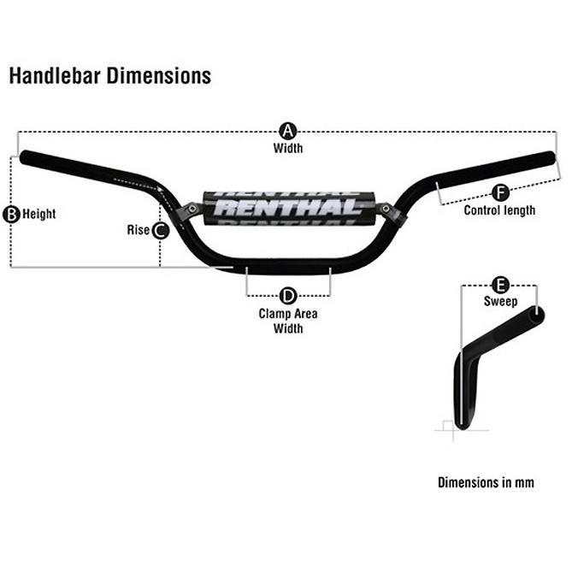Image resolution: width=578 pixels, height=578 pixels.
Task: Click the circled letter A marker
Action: (288, 132)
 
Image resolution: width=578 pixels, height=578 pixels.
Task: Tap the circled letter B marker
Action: (12, 214)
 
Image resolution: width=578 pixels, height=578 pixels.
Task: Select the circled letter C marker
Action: (160, 229)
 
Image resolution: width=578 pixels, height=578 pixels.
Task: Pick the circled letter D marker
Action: (288, 296)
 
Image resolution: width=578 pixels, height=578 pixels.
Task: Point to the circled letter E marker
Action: (501, 285)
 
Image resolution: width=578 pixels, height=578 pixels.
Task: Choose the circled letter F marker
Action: (500, 192)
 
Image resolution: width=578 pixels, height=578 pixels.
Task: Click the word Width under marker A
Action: (288, 148)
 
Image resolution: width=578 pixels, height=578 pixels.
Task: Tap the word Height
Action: (39, 214)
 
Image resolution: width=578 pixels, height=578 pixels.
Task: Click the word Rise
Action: (138, 229)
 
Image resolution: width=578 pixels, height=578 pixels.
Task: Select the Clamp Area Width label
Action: (288, 321)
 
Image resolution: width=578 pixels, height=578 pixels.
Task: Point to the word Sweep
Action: (500, 301)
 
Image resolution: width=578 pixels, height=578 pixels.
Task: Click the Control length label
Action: (499, 210)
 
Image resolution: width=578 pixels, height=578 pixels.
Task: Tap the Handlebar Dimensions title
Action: (109, 76)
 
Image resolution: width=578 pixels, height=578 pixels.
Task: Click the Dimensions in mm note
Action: (486, 482)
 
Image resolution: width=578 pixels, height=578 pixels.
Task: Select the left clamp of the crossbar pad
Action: (193, 209)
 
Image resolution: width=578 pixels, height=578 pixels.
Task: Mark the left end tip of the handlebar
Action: (26, 159)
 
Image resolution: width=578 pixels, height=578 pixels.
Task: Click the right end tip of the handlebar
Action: (550, 159)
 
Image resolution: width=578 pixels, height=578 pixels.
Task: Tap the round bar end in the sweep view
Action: (535, 316)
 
